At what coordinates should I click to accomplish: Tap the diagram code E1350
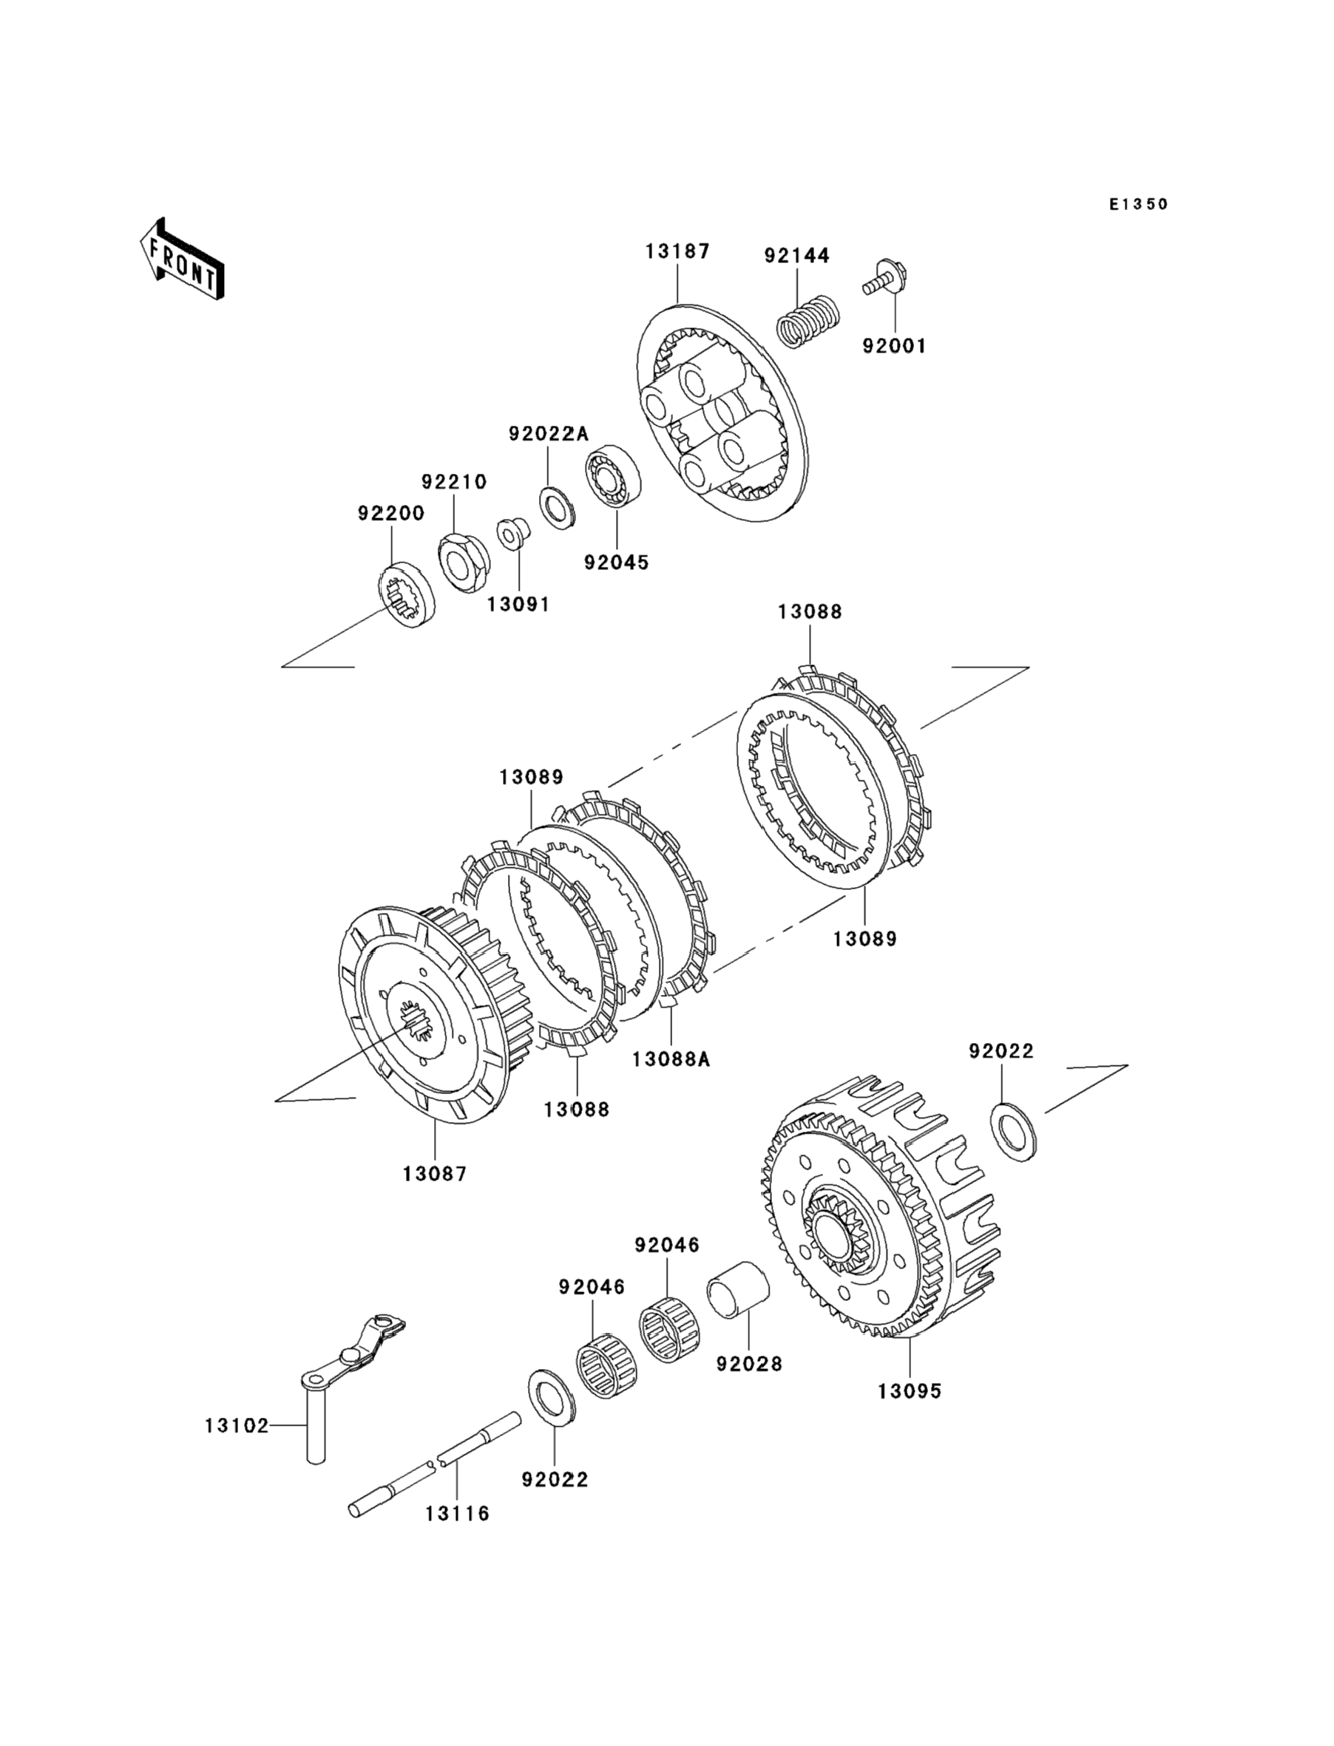point(1139,205)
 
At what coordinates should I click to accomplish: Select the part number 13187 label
point(677,251)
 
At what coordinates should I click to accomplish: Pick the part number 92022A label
point(549,433)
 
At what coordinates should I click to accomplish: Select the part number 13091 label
point(518,604)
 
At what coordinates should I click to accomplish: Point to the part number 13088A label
point(671,1059)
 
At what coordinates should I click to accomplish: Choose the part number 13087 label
point(435,1173)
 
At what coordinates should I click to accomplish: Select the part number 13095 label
point(910,1391)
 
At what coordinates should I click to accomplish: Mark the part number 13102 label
point(237,1426)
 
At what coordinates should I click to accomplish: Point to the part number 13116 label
point(458,1513)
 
